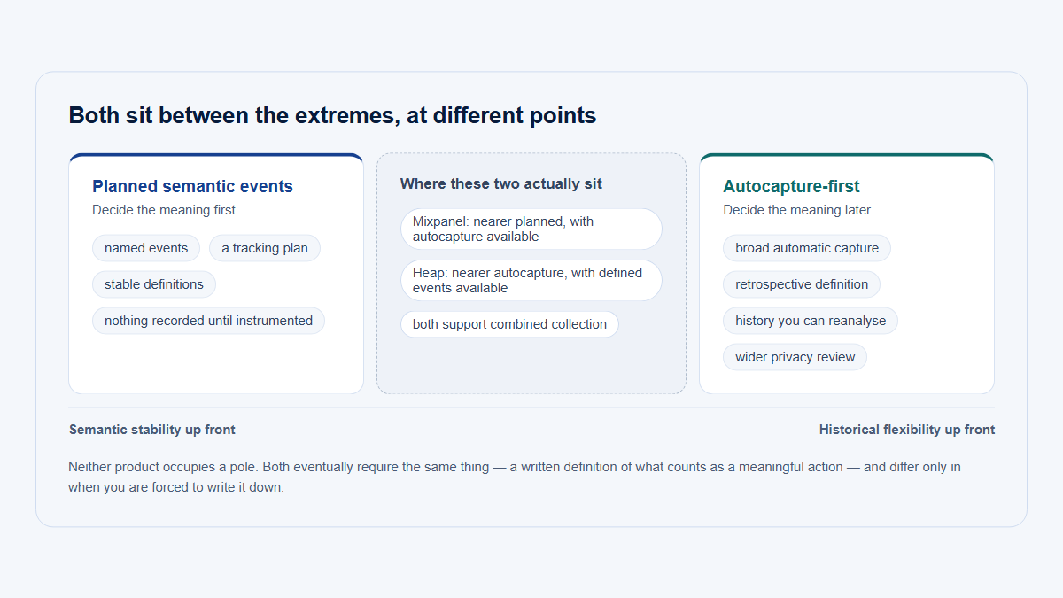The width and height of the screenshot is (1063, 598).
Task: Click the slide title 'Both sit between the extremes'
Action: [332, 115]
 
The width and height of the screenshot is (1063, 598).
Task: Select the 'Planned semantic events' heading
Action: [192, 187]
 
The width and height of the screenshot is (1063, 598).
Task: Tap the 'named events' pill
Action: [146, 248]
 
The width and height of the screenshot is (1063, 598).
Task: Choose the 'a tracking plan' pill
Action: [265, 248]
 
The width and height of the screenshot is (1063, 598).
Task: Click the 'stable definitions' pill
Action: [154, 284]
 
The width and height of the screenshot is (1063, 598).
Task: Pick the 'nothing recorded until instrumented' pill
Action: [208, 321]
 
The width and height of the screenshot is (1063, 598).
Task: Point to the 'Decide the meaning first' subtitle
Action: [164, 210]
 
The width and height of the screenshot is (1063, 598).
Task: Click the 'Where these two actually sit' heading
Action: [500, 183]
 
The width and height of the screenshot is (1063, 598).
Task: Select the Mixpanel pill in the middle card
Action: [531, 229]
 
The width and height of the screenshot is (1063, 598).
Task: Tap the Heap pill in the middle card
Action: [531, 281]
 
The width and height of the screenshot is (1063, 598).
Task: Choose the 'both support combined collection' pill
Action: [509, 324]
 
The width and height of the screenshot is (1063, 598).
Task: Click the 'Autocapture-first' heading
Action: [791, 187]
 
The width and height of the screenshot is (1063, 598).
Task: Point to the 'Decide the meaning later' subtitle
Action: [796, 210]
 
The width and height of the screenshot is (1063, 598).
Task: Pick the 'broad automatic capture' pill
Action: [807, 248]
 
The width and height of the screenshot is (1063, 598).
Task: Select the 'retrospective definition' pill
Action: [802, 284]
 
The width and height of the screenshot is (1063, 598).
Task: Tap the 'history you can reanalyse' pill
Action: [811, 321]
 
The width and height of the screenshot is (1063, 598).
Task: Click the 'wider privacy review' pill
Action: [795, 357]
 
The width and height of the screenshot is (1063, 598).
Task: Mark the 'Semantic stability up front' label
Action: [151, 430]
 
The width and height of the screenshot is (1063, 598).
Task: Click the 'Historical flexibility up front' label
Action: [907, 430]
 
